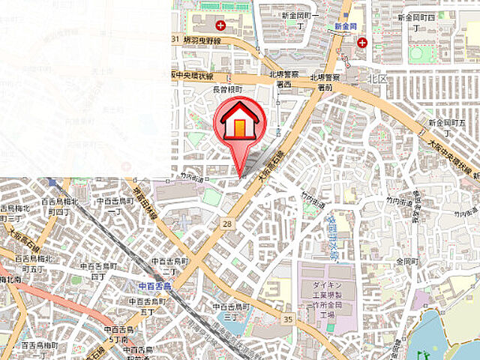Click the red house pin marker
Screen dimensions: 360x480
[238, 124]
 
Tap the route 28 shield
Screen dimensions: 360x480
[226, 223]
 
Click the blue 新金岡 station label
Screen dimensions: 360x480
[346, 26]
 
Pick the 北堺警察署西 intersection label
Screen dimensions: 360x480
[283, 79]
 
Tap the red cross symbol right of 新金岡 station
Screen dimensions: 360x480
[362, 43]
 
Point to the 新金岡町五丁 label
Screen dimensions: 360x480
[442, 126]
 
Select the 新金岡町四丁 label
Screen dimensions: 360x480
[417, 20]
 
